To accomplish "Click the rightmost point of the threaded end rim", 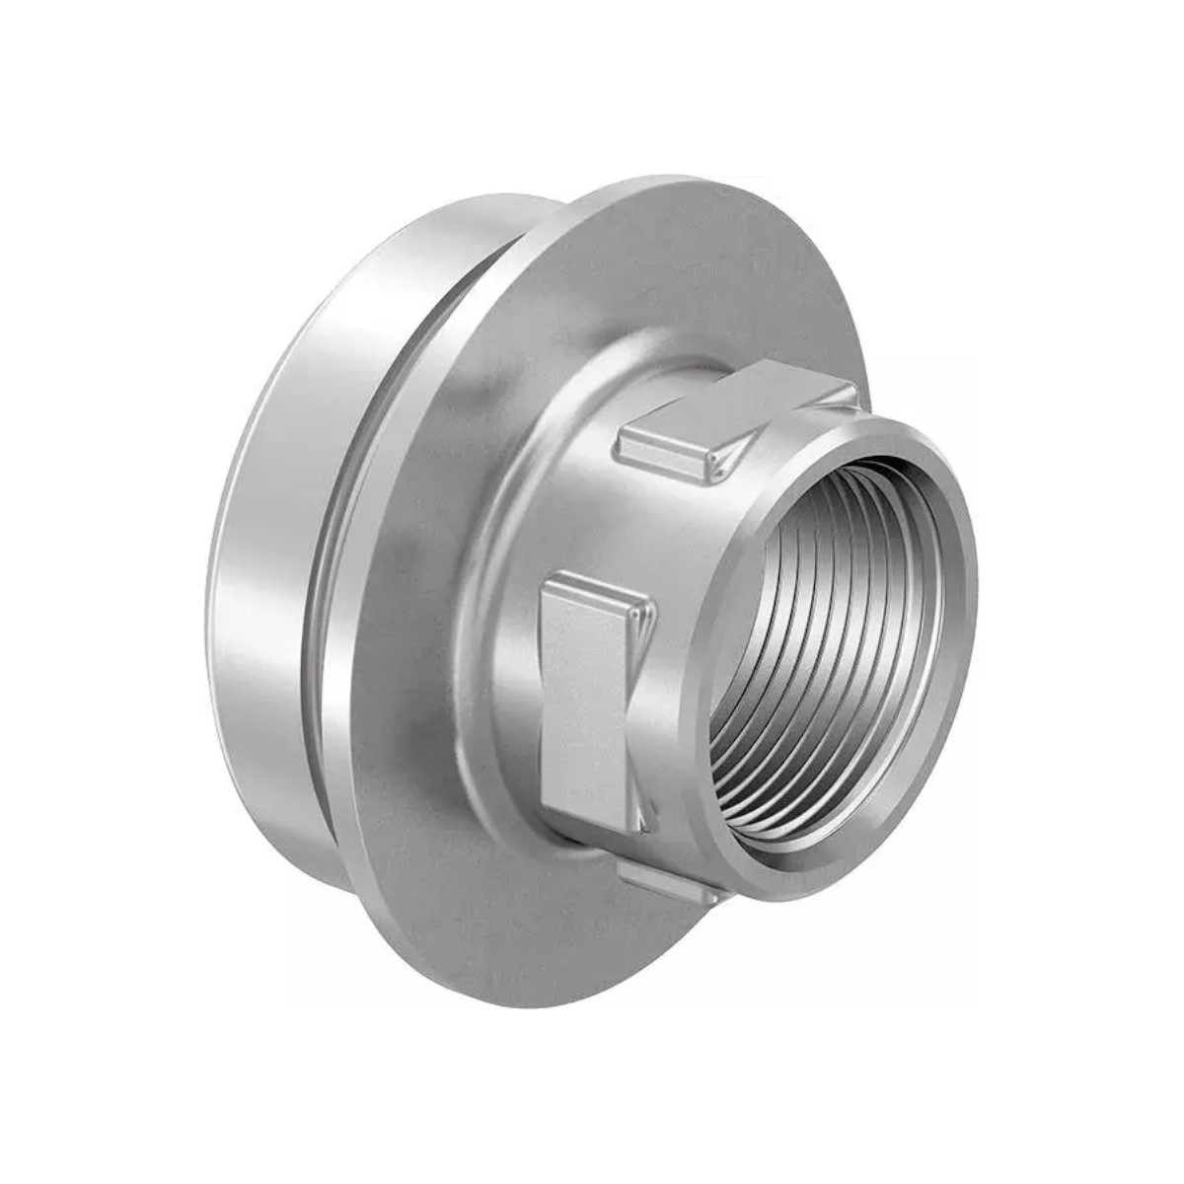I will pyautogui.click(x=976, y=612).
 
